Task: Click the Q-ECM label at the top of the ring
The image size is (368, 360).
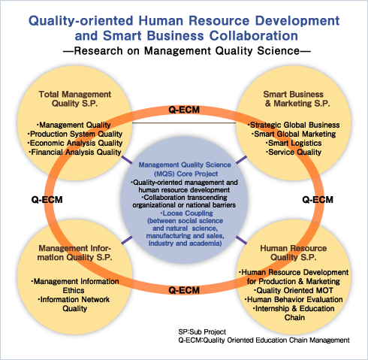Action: click(x=184, y=110)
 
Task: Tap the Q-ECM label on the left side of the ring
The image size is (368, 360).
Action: click(x=47, y=200)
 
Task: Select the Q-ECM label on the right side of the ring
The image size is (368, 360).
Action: click(x=318, y=200)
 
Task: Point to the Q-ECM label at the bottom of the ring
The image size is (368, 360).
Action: click(x=184, y=290)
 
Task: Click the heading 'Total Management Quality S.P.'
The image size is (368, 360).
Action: click(x=74, y=98)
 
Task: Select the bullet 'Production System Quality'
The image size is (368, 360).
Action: click(x=75, y=134)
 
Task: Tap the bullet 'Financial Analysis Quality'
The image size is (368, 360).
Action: click(x=75, y=152)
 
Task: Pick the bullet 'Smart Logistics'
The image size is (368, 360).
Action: click(x=294, y=143)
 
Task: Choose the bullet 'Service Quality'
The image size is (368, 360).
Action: click(x=294, y=152)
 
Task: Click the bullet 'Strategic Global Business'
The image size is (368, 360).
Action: click(x=294, y=125)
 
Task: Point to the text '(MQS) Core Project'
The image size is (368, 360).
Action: click(x=186, y=174)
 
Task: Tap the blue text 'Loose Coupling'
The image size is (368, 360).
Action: click(x=186, y=213)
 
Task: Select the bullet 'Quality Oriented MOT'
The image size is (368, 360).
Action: click(x=294, y=290)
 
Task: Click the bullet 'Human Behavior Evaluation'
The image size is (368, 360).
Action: click(x=294, y=299)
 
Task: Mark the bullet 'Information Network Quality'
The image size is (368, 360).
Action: click(x=74, y=304)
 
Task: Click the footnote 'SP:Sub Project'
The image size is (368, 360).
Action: click(x=202, y=332)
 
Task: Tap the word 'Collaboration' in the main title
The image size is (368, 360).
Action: click(x=253, y=35)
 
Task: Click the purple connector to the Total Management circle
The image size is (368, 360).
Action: click(x=127, y=160)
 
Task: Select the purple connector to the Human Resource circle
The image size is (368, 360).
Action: click(x=241, y=240)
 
